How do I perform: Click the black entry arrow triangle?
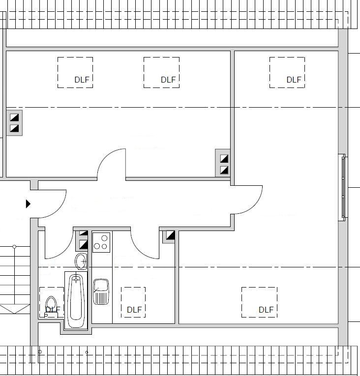28,204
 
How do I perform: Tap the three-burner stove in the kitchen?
101,242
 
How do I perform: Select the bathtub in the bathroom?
76,301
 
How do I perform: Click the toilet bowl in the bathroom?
51,304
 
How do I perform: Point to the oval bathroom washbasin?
81,261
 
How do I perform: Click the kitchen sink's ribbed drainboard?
101,298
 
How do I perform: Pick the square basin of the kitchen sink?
101,285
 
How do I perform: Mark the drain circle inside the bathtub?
76,280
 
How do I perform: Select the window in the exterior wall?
343,187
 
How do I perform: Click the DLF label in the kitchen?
134,310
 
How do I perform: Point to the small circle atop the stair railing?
14,247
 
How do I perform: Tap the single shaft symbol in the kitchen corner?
170,235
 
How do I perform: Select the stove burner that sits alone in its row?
104,238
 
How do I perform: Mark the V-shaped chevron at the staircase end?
14,309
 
